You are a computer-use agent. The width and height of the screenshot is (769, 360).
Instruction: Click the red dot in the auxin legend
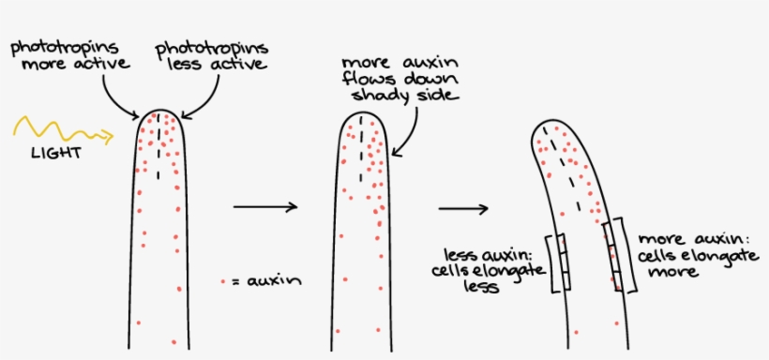[222, 280]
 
